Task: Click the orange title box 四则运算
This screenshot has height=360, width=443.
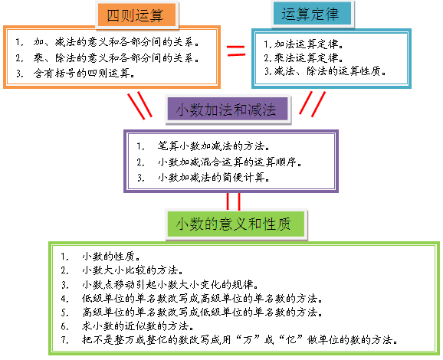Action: (x=136, y=15)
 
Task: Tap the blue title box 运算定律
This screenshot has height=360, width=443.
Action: (x=312, y=14)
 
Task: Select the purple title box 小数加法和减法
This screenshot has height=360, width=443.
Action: (x=228, y=110)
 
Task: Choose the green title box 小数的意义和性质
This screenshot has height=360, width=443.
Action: (x=236, y=224)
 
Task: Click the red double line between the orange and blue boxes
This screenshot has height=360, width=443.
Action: (x=236, y=51)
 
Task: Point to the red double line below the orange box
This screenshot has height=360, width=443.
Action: (x=139, y=105)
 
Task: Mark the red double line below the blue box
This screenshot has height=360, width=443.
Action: (x=313, y=103)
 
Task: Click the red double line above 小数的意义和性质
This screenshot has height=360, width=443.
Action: (x=233, y=201)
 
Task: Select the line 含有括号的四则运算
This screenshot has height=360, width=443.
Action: (x=84, y=74)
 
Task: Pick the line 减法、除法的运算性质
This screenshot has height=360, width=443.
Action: (x=330, y=71)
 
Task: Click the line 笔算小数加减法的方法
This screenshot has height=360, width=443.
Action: (x=214, y=146)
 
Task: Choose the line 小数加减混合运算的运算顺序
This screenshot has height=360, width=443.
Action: (x=230, y=162)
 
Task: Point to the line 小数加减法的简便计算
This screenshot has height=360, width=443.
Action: (x=214, y=178)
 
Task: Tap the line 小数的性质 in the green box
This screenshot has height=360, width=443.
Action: (x=111, y=257)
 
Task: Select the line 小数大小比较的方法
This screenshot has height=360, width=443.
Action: (x=133, y=270)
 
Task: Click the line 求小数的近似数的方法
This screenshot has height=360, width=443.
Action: (x=138, y=326)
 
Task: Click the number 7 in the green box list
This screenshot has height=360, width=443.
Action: (x=64, y=339)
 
